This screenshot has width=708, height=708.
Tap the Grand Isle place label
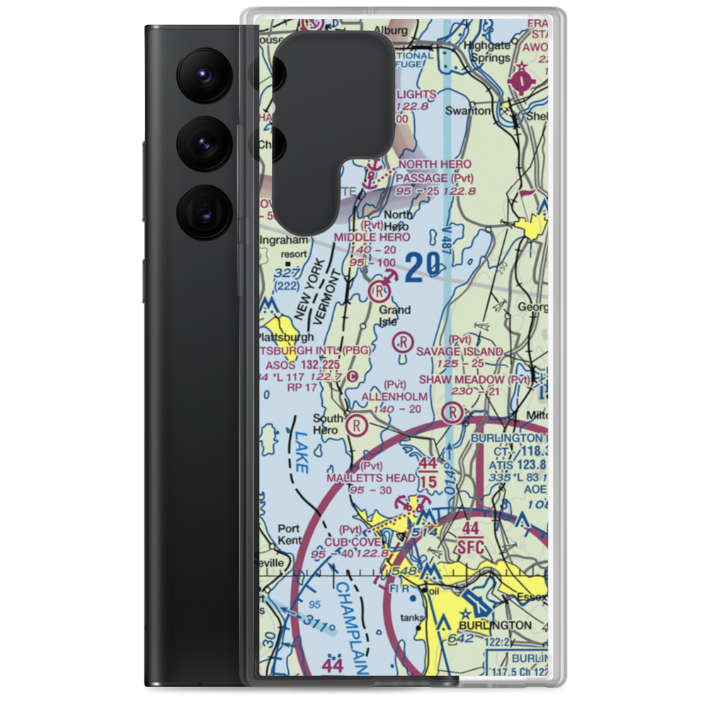pos(394,316)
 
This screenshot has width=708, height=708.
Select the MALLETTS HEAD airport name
pos(370,479)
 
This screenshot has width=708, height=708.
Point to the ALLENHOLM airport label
pos(394,396)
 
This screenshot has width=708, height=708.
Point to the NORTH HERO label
pos(435,164)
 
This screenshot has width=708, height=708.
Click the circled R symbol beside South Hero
pos(358,426)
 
